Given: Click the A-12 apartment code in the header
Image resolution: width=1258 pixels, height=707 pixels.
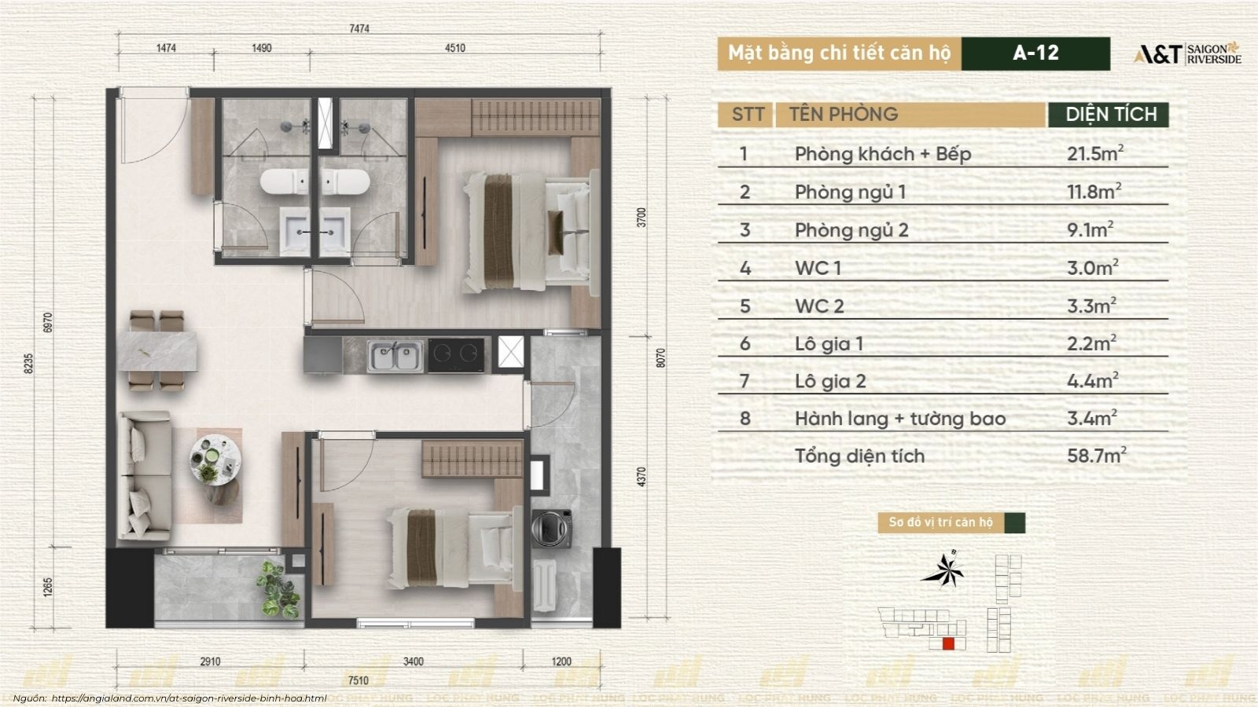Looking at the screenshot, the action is point(1035,53).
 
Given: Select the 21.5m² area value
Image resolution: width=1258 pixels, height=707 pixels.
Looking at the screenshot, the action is point(1095,152).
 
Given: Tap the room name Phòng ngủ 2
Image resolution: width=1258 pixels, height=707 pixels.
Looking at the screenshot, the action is point(852,230).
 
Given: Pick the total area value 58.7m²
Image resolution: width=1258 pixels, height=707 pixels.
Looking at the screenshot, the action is point(1097,455).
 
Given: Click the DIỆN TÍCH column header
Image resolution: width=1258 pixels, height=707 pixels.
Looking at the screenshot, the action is point(1111,115).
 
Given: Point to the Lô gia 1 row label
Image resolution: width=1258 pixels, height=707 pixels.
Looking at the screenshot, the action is point(829,343).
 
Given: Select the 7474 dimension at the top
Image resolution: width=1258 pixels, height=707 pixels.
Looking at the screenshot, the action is point(359,28).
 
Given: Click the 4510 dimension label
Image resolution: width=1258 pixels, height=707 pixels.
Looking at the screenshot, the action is point(455,48).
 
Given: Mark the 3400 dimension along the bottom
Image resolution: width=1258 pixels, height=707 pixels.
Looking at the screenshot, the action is point(414,662).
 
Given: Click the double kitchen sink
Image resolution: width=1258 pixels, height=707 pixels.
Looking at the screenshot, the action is point(395,355).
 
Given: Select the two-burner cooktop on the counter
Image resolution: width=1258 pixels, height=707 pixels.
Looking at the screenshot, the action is point(456,354).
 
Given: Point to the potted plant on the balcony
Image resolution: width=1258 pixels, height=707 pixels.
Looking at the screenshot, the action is point(278,590).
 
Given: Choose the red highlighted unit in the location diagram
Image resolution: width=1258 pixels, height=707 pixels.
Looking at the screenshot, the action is point(948,643).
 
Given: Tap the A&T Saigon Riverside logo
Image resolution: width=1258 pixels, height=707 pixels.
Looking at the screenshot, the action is point(1187,54).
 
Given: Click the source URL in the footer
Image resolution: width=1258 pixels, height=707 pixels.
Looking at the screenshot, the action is point(189,698).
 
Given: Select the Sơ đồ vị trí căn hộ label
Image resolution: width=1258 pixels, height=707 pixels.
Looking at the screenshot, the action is point(940,522).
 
